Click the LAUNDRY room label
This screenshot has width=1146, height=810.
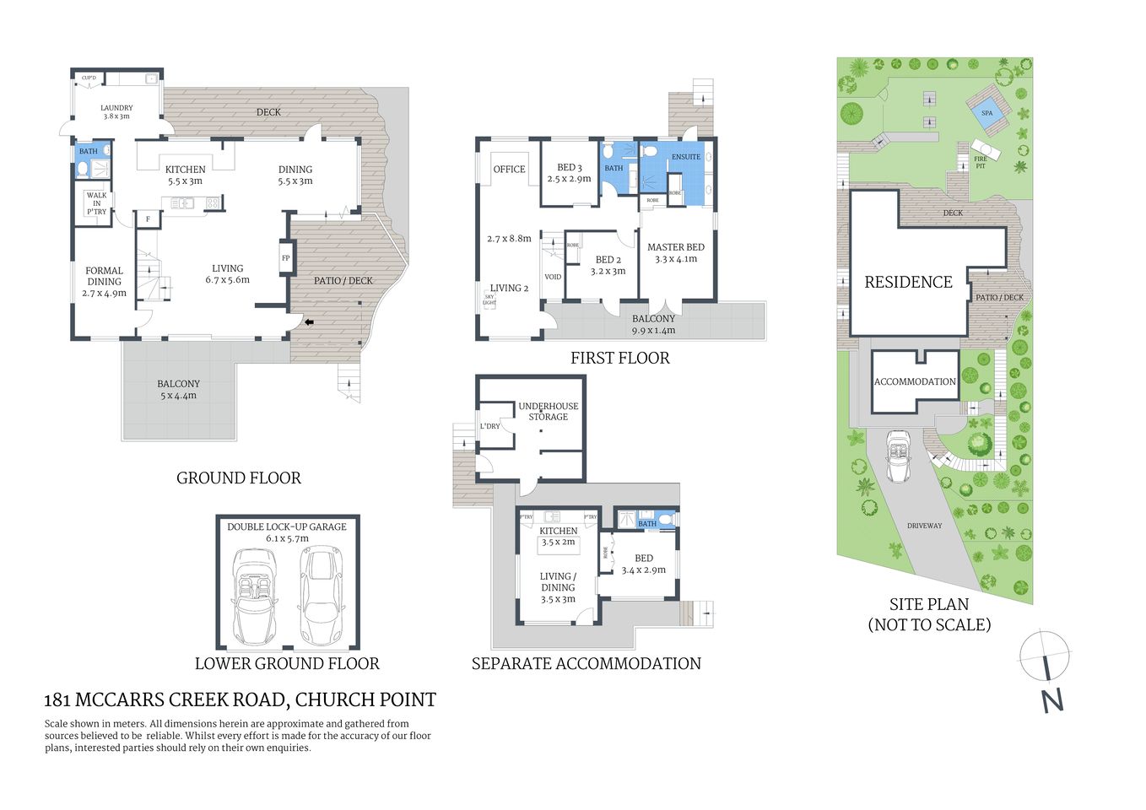click(116, 111)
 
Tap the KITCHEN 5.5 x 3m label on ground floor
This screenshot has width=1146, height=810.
click(185, 175)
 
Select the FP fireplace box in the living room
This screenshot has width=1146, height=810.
click(285, 258)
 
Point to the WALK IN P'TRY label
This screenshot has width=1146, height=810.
click(96, 203)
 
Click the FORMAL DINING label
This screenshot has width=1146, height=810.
click(104, 282)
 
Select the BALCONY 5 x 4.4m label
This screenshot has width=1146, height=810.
click(178, 389)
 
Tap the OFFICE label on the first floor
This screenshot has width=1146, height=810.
click(509, 170)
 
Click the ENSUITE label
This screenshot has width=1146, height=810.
click(685, 157)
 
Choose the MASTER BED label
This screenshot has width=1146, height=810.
click(675, 252)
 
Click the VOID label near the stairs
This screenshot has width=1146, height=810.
click(553, 277)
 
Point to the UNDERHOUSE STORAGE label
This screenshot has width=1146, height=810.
click(548, 411)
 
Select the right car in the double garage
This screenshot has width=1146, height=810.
click(322, 595)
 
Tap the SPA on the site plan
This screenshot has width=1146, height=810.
click(987, 113)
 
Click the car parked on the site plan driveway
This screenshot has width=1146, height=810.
click(898, 456)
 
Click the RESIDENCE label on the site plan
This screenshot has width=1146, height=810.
click(908, 283)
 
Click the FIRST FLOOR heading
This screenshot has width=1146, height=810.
click(619, 358)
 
